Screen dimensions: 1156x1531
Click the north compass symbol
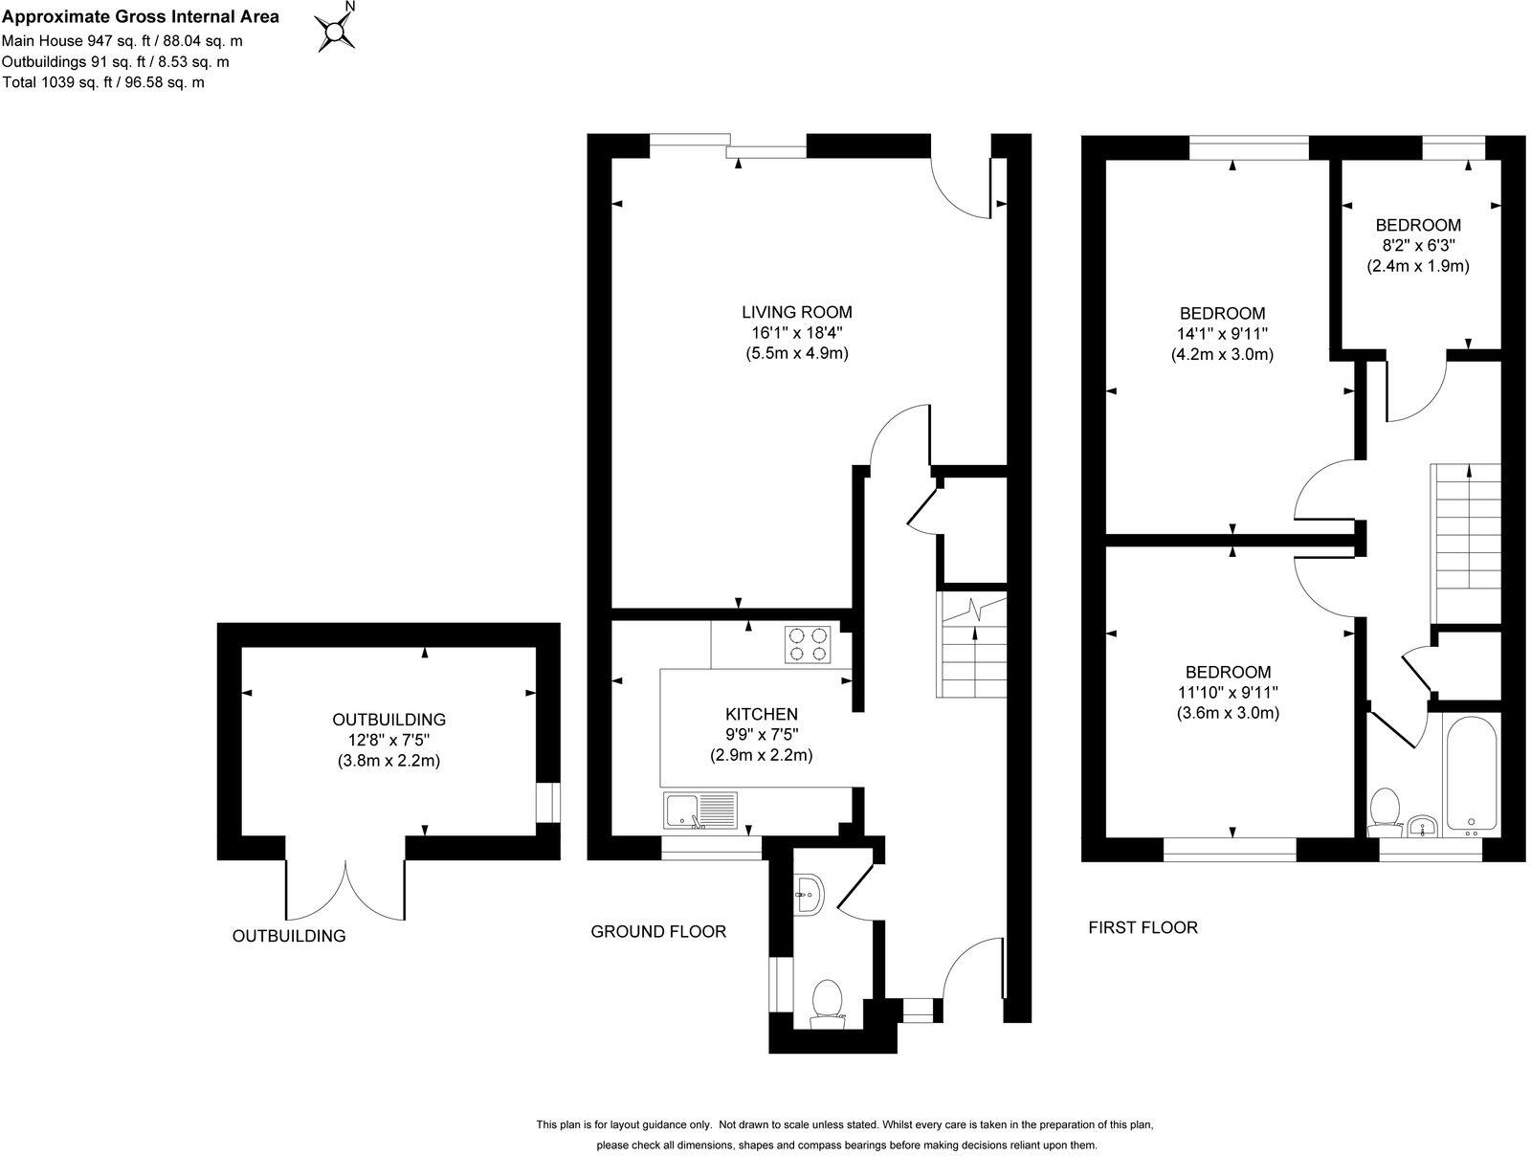coord(337,33)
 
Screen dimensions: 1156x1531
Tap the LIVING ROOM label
coord(796,312)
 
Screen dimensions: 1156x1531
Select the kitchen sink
coord(699,811)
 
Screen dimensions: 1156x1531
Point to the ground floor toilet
coord(827,1002)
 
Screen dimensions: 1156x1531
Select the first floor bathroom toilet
coord(1384,810)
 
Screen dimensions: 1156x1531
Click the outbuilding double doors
coord(345,890)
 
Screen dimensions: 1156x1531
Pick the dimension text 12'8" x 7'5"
coord(388,741)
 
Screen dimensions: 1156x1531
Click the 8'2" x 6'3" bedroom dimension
coord(1417,246)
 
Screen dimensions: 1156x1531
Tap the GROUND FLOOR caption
coord(658,931)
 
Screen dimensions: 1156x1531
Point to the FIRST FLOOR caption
coord(1143,927)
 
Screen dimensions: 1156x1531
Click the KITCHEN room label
coord(761,714)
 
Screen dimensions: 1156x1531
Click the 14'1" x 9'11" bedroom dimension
coord(1222,334)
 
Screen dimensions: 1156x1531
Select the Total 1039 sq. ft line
coord(103,82)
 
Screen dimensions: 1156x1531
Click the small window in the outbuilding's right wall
coord(547,802)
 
